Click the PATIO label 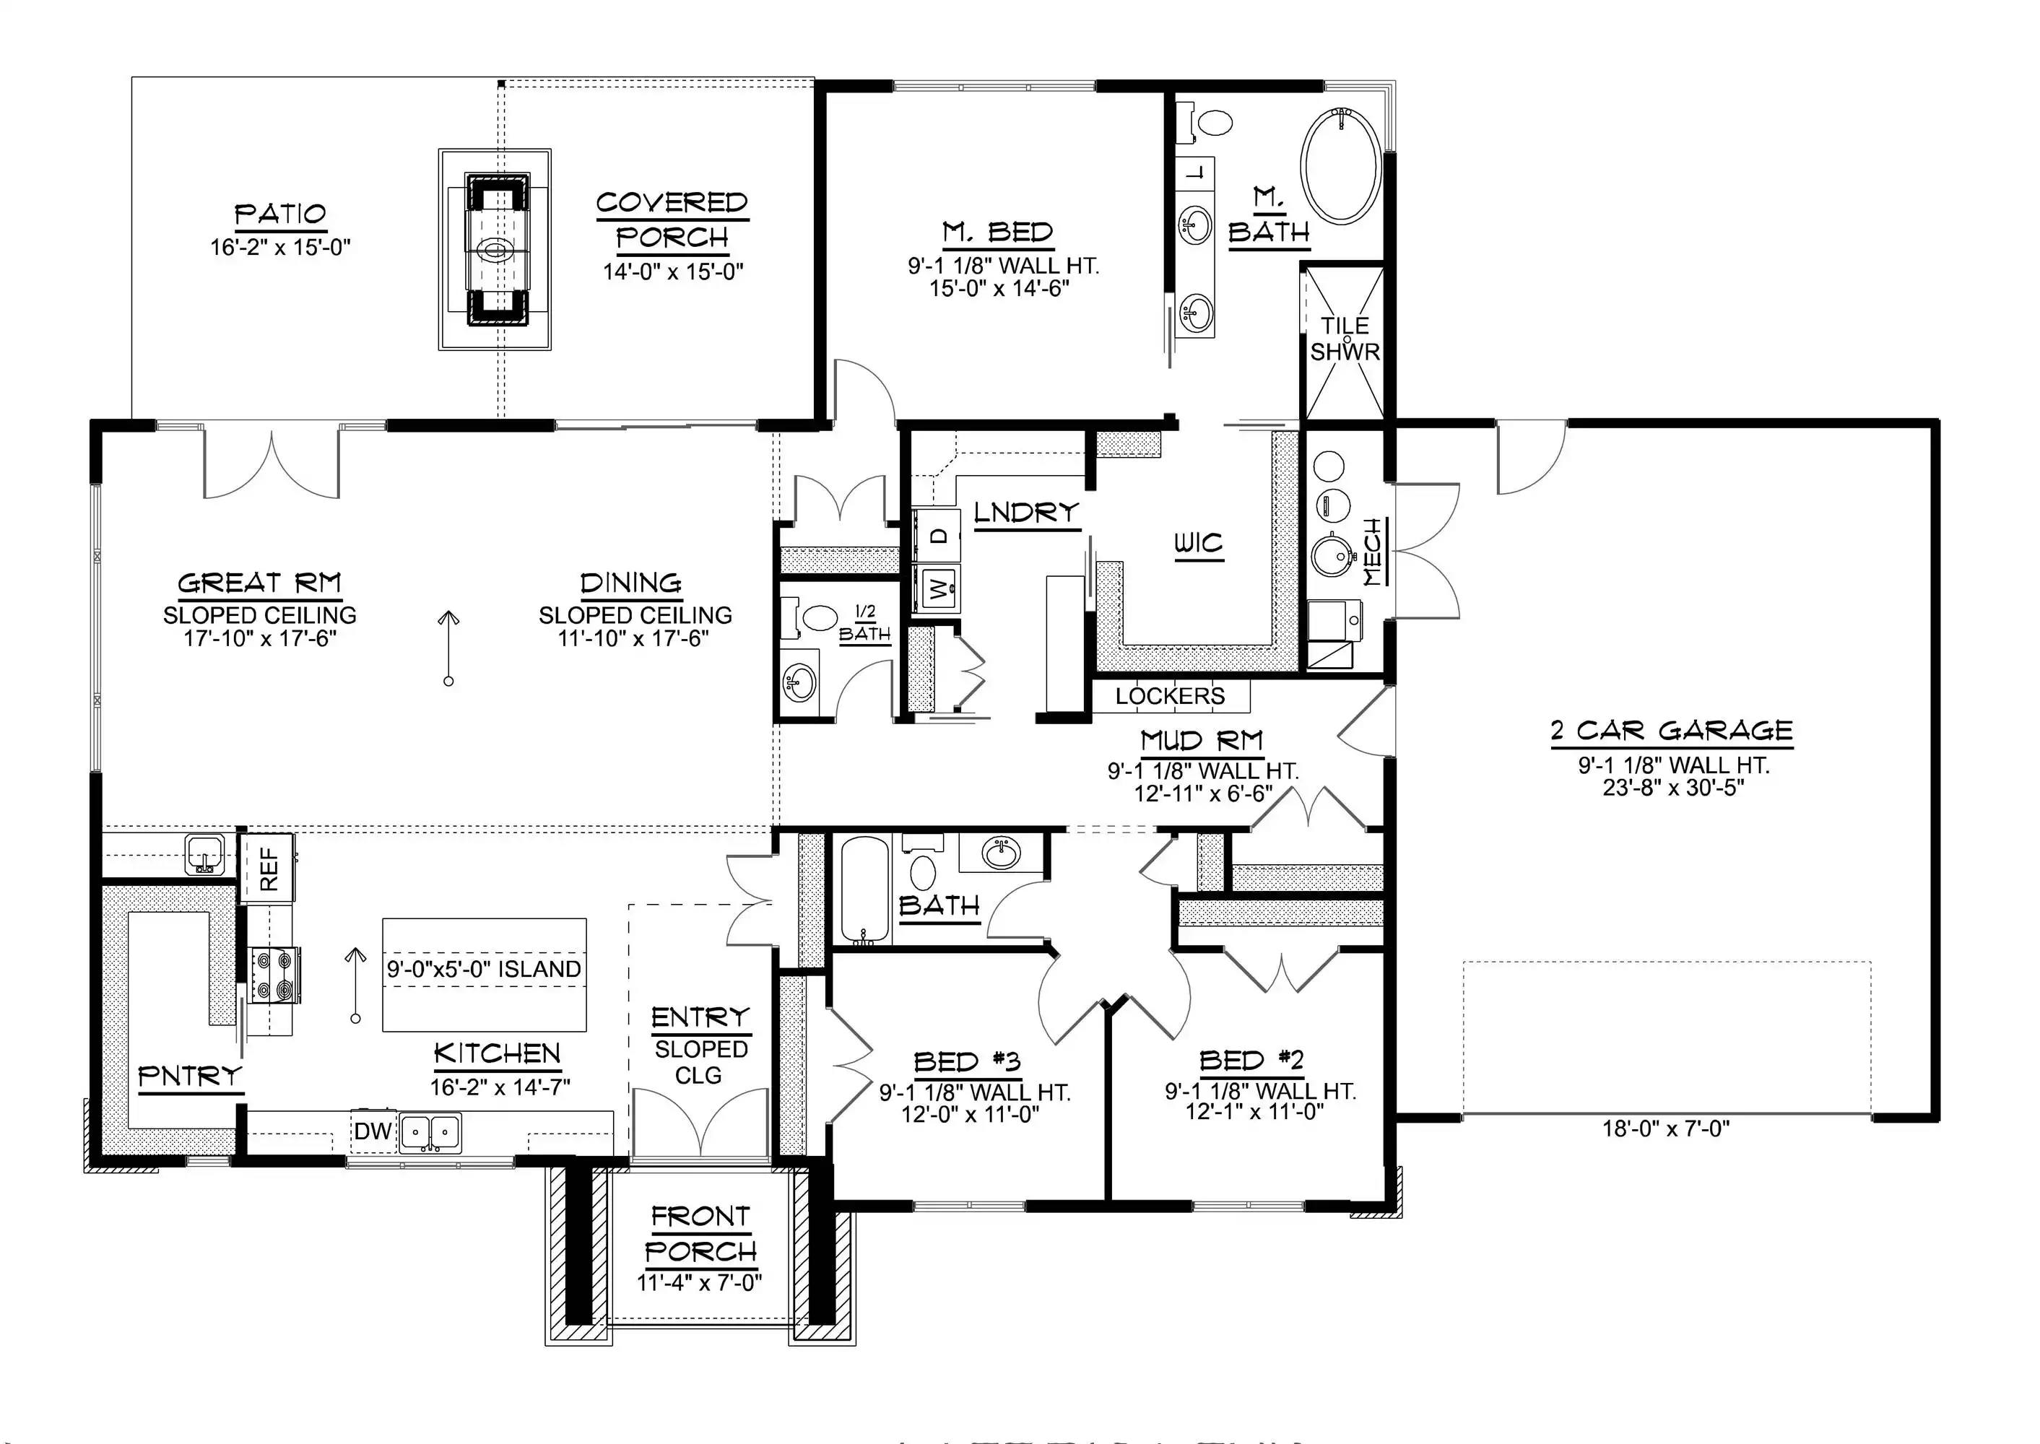[280, 214]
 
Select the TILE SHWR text [1345, 339]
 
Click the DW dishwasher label [373, 1131]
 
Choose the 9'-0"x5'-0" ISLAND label [484, 968]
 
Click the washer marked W [937, 587]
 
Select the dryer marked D [937, 535]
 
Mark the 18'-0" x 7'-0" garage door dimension [1666, 1128]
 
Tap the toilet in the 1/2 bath [811, 617]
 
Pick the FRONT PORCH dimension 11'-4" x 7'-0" [700, 1282]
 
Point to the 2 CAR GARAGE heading [1672, 731]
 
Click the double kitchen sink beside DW [430, 1132]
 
